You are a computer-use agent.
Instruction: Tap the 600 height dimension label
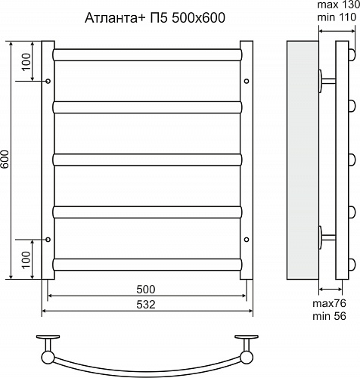pos(5,160)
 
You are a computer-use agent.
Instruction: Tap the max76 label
pos(331,303)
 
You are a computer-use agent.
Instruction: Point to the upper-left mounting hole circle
pos(48,80)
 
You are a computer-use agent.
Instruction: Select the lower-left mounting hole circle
pos(48,240)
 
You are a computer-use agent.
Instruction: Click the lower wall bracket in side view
pos(329,237)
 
